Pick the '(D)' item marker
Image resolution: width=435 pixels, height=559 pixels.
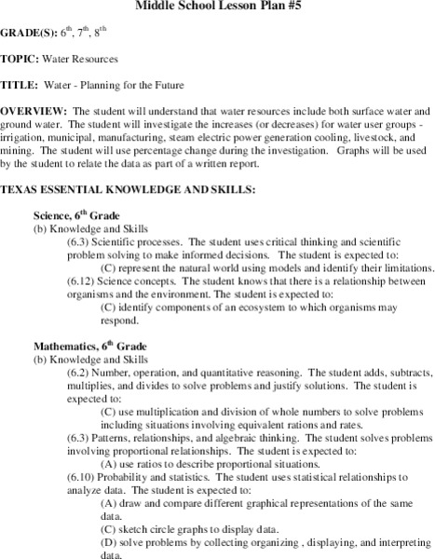tap(106, 541)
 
